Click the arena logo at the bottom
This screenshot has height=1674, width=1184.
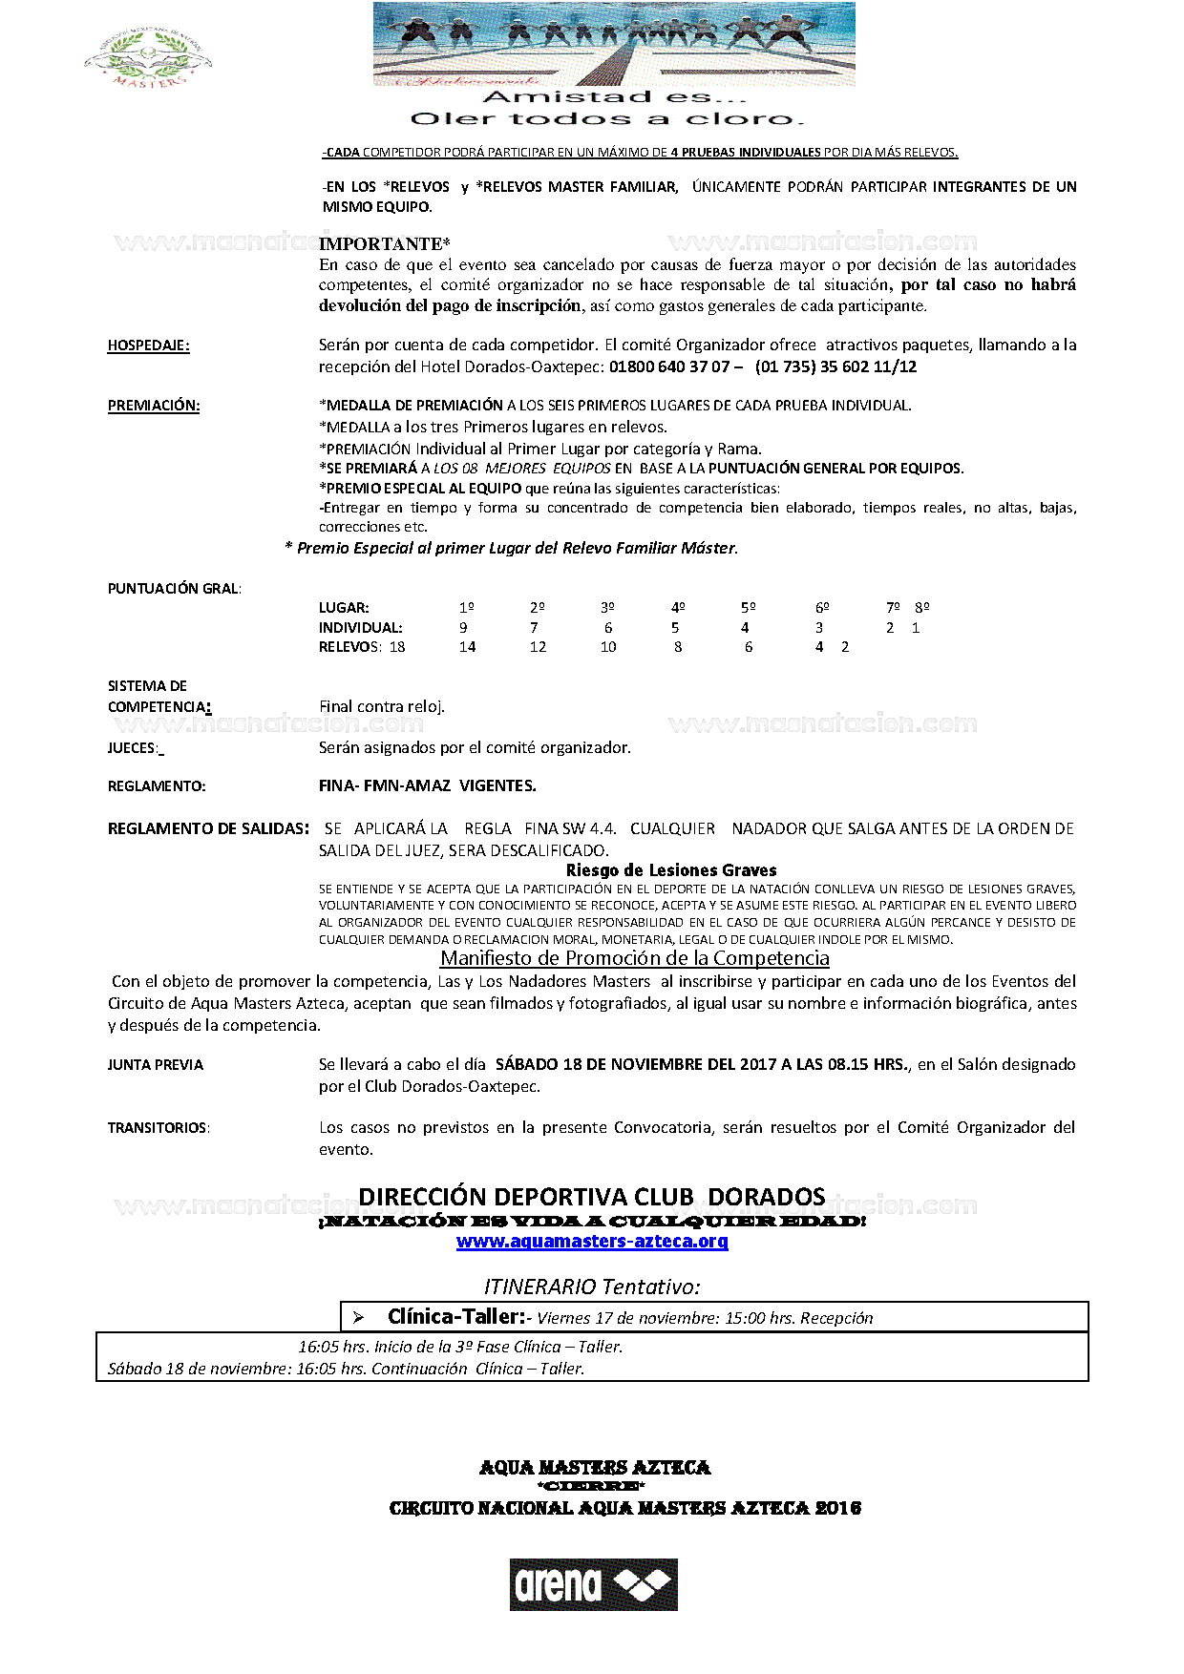593,1584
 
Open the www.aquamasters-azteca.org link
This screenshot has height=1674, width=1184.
592,1242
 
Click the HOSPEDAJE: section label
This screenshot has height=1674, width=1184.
148,345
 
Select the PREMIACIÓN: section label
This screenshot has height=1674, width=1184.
154,406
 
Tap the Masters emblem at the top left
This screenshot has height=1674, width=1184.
148,59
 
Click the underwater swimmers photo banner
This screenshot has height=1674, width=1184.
614,43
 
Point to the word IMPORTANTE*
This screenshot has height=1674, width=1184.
385,244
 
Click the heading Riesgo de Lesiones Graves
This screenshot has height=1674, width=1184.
671,870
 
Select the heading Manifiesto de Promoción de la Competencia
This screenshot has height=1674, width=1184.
635,958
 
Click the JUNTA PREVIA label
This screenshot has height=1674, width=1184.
156,1065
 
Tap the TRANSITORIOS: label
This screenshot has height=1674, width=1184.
159,1128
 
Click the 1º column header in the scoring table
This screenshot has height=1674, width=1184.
466,608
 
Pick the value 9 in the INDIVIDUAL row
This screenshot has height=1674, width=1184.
464,628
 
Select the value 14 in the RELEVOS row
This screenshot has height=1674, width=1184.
467,647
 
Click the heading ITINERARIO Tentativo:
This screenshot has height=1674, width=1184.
592,1287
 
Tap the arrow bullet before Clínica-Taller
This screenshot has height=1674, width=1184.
359,1318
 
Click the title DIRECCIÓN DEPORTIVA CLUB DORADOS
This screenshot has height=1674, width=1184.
592,1197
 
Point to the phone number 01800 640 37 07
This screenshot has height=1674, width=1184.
669,366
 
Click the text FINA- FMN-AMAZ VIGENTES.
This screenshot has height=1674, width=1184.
428,786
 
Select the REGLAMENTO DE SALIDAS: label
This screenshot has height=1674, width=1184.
208,828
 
